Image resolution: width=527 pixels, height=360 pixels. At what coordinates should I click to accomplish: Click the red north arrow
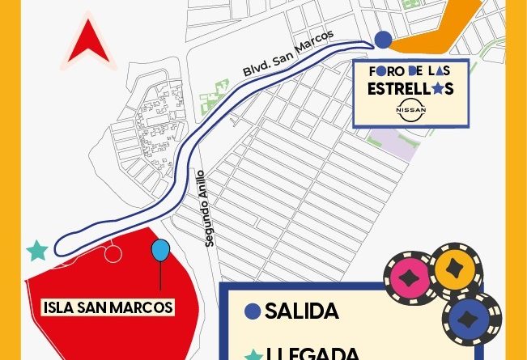[x=87, y=44]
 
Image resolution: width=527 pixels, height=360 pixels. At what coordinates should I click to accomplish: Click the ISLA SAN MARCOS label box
[x=108, y=307]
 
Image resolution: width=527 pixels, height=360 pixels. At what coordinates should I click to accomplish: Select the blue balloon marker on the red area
[x=160, y=251]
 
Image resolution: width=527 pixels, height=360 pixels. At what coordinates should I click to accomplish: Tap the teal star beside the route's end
[x=36, y=251]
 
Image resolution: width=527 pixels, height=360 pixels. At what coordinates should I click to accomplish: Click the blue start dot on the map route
[x=382, y=39]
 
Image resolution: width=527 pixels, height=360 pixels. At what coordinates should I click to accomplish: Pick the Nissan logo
[x=410, y=109]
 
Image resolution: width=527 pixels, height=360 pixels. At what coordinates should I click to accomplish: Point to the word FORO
[x=385, y=71]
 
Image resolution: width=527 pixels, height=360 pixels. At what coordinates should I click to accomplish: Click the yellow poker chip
[x=455, y=266]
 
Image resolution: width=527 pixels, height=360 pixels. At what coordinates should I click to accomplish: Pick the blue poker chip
[x=472, y=318]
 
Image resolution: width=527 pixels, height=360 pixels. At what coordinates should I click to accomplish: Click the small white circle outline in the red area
[x=113, y=254]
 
